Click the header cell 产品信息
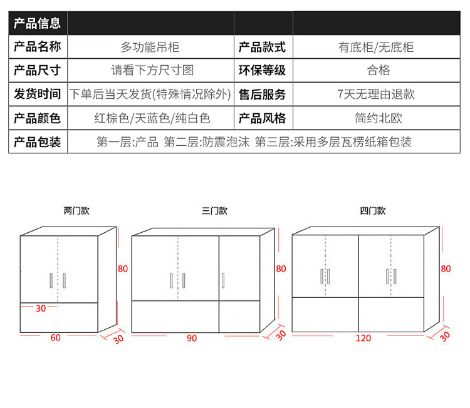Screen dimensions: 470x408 [x=38, y=24]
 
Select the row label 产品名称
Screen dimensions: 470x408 [x=38, y=47]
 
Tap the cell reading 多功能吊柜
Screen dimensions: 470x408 [x=150, y=47]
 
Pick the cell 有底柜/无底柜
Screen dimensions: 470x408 [x=376, y=47]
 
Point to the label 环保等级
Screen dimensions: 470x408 [x=263, y=70]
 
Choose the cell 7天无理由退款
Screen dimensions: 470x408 [x=376, y=94]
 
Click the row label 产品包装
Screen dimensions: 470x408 [x=38, y=142]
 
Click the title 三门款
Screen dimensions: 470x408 [x=214, y=211]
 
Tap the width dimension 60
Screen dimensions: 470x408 [x=55, y=338]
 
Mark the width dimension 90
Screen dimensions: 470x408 [x=192, y=338]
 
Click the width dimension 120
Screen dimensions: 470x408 [x=363, y=338]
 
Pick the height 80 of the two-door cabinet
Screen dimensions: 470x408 [x=123, y=268]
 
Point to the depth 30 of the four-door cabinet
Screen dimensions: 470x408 [x=444, y=335]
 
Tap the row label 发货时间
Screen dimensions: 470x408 [x=38, y=94]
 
